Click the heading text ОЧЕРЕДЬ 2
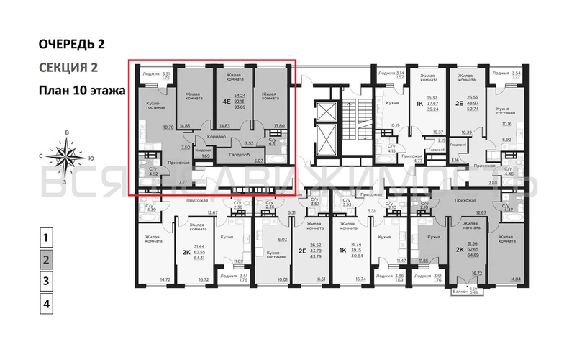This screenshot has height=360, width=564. click(71, 44)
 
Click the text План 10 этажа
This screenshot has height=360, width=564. click(81, 91)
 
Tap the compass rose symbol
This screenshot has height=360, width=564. click(67, 156)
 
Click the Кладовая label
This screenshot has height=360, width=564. click(204, 150)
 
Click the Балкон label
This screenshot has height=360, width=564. click(460, 292)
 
